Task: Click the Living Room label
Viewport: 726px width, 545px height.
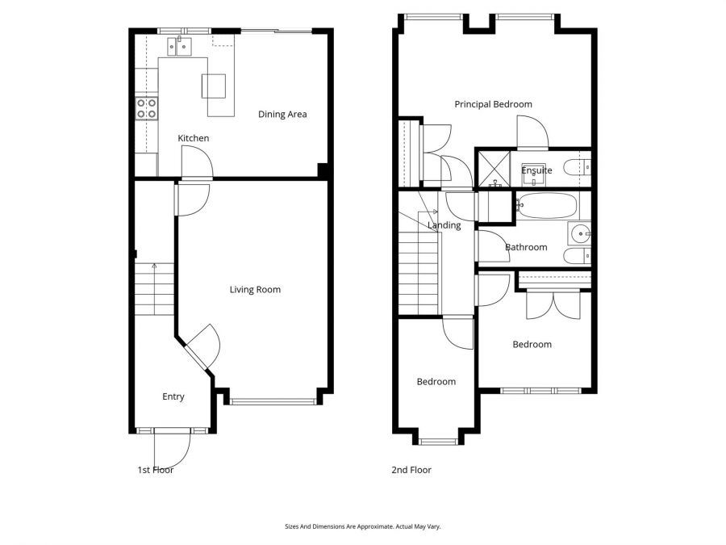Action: tap(255, 289)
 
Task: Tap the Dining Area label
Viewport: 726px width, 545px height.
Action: tap(282, 114)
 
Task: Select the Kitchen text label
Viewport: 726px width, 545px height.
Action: tap(194, 138)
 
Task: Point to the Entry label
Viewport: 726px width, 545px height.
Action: tap(173, 396)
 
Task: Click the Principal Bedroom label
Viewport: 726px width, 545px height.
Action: tap(493, 104)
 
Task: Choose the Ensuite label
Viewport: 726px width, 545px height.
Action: tap(536, 170)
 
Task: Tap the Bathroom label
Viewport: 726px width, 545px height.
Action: tap(526, 247)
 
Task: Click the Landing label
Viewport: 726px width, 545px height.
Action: tap(444, 225)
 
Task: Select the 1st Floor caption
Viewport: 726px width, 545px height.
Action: tap(156, 470)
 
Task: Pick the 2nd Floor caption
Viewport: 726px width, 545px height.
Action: tap(411, 470)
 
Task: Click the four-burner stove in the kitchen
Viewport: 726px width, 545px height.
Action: tap(146, 107)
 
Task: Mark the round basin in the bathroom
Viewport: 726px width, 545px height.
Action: tap(580, 234)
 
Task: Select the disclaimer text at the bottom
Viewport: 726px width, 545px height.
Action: tap(363, 526)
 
